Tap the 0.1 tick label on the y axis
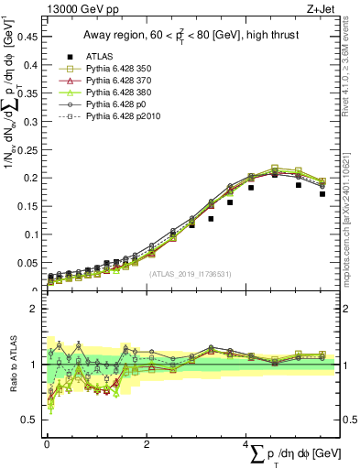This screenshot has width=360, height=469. coord(31,234)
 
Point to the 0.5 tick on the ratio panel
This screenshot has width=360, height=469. coord(31,420)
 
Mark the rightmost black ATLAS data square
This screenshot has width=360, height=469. coord(322,194)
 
